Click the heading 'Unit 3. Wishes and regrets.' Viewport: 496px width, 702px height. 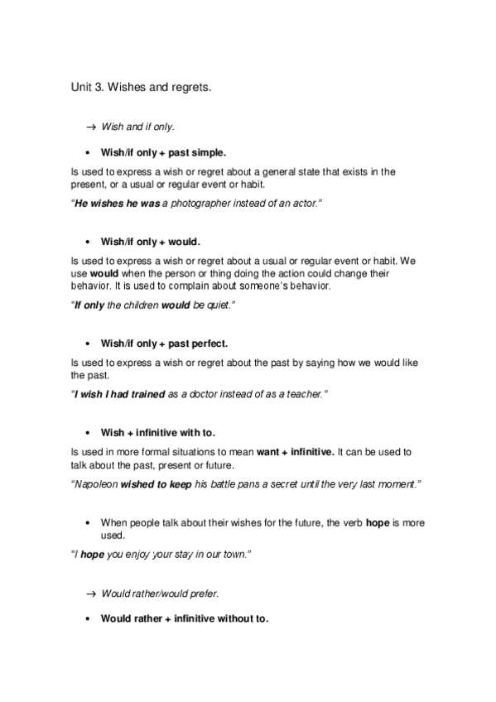point(142,85)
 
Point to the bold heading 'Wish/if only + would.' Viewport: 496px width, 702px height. point(150,242)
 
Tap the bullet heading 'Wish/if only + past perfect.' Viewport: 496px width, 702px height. point(164,343)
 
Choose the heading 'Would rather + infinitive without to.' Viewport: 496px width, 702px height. point(184,618)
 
